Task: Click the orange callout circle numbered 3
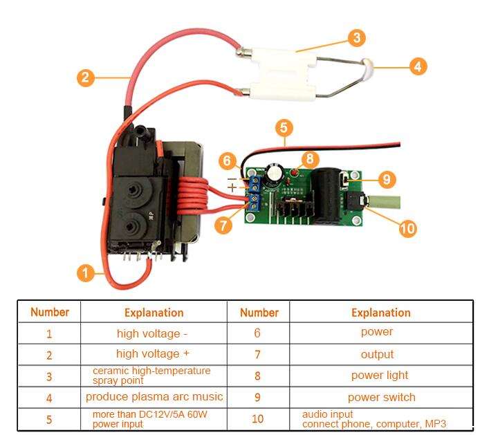(x=357, y=37)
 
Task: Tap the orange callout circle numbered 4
(x=418, y=66)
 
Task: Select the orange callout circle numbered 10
(x=408, y=228)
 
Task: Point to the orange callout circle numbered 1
(x=85, y=272)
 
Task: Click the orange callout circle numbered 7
(x=223, y=225)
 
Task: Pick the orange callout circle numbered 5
(x=284, y=128)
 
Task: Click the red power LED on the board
(x=295, y=173)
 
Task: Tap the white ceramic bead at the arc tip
(x=367, y=67)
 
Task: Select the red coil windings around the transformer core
(x=192, y=198)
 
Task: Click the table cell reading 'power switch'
(x=381, y=398)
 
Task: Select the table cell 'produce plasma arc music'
(x=154, y=397)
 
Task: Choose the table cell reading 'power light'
(x=381, y=376)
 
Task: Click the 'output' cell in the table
(x=381, y=354)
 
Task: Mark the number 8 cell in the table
(x=258, y=376)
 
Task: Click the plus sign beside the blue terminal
(x=232, y=187)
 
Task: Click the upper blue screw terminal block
(x=254, y=183)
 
